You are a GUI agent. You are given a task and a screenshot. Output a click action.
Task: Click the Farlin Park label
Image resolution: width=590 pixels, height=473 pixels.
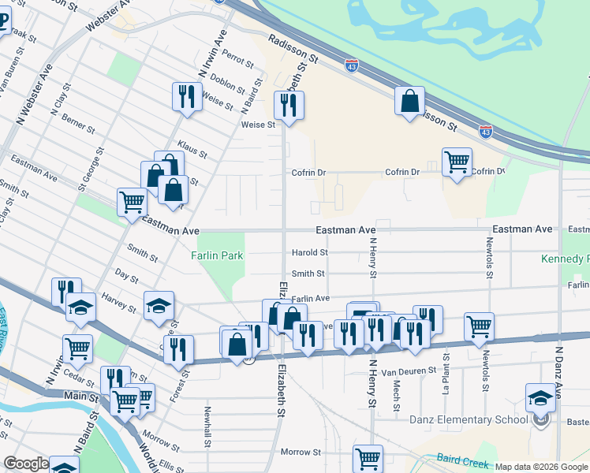pos(217,255)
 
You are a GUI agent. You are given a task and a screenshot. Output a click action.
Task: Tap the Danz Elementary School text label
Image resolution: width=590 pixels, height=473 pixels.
pos(469,419)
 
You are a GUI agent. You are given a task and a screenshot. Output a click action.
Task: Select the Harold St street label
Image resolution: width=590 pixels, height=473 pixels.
pos(310,253)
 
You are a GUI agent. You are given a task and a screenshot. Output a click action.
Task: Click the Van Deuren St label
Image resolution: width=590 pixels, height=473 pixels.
pos(409,370)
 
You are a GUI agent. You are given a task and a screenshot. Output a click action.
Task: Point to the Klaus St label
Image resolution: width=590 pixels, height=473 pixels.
pos(192,150)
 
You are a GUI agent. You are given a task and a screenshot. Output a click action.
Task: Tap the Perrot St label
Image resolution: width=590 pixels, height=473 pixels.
pos(237,58)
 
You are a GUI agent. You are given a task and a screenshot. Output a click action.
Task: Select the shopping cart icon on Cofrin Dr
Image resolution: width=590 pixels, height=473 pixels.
pos(457,162)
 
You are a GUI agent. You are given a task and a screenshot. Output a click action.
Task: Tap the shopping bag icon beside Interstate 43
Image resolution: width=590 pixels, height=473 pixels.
pos(409,101)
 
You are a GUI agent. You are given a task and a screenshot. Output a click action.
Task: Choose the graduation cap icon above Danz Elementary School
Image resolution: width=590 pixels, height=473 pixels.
pos(541,397)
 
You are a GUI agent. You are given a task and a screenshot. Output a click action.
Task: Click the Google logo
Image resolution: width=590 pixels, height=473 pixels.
pos(26,464)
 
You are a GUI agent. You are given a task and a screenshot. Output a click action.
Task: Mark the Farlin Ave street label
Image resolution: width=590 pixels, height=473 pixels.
pos(311,299)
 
